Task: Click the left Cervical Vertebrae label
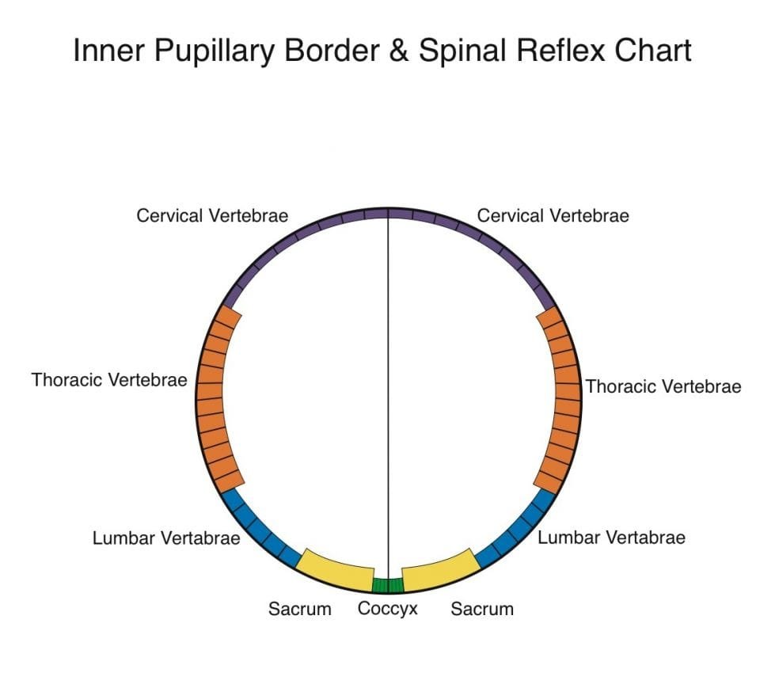[212, 215]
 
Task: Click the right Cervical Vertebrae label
[553, 215]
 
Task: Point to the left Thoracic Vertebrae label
[109, 380]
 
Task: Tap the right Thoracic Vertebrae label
[663, 386]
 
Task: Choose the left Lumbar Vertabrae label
[166, 538]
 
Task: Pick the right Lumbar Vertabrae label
[611, 538]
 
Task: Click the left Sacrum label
[299, 610]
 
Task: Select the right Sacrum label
[482, 610]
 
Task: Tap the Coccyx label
[387, 610]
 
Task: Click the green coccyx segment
[388, 586]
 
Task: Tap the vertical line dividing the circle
[388, 396]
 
